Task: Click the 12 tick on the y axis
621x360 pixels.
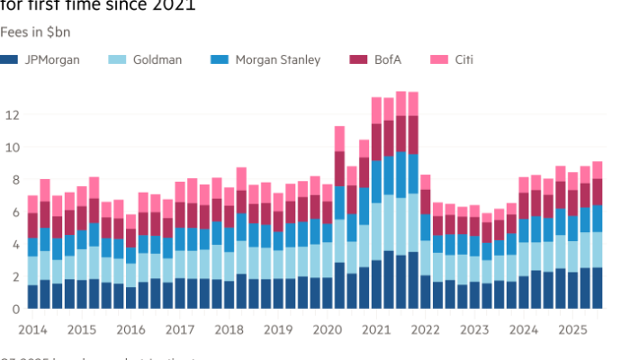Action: [13, 115]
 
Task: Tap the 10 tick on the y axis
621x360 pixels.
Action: [13, 148]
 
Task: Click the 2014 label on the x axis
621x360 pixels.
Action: [32, 329]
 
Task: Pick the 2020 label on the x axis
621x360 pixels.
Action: [324, 329]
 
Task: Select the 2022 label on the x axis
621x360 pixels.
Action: [421, 329]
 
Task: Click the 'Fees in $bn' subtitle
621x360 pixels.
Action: [36, 32]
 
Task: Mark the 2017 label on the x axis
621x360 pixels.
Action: [178, 329]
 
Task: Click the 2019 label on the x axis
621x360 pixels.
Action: [275, 329]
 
